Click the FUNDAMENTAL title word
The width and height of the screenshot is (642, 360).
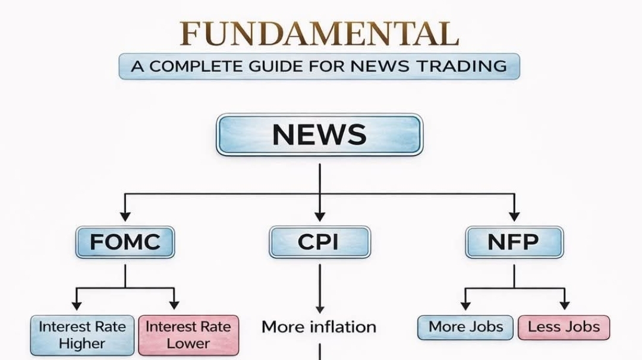(x=320, y=34)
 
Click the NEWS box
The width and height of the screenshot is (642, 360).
(x=319, y=135)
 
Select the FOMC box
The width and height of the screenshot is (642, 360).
(x=125, y=242)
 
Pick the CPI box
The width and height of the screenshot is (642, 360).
(x=320, y=242)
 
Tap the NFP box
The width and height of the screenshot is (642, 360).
(x=514, y=242)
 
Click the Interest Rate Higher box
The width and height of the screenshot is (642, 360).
(x=82, y=335)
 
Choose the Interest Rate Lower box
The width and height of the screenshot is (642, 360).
(x=188, y=335)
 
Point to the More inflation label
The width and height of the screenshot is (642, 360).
(x=319, y=327)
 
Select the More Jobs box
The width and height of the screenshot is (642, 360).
(x=465, y=327)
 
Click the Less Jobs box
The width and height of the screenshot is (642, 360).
(x=564, y=327)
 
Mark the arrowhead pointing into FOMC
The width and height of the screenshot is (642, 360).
(x=125, y=216)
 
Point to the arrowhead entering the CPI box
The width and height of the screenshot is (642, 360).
(x=320, y=216)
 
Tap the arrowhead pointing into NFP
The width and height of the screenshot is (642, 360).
(x=514, y=216)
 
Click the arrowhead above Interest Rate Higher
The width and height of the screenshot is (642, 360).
(x=76, y=305)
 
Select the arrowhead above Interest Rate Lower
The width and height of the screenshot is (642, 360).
(x=174, y=305)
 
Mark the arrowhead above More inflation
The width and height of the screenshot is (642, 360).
(x=320, y=309)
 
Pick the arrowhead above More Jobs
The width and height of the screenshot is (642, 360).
(x=465, y=305)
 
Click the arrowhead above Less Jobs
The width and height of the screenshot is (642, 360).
(x=564, y=305)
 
